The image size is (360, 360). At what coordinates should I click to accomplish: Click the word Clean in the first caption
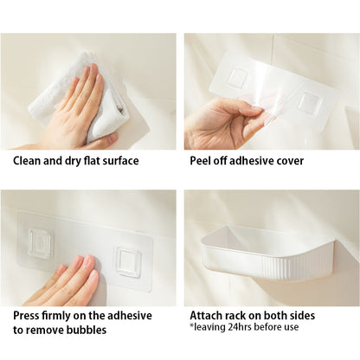(x=27, y=161)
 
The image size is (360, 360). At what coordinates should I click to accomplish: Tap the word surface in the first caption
(x=121, y=161)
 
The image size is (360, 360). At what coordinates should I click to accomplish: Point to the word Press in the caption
(x=26, y=316)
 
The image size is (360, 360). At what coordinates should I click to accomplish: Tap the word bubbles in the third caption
(x=87, y=330)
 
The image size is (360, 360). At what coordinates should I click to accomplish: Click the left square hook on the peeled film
(x=239, y=77)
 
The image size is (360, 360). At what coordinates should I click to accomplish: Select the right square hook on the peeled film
(x=310, y=101)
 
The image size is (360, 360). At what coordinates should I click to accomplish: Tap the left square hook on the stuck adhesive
(x=41, y=243)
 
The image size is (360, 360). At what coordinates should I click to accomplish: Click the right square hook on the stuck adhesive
(x=128, y=262)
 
